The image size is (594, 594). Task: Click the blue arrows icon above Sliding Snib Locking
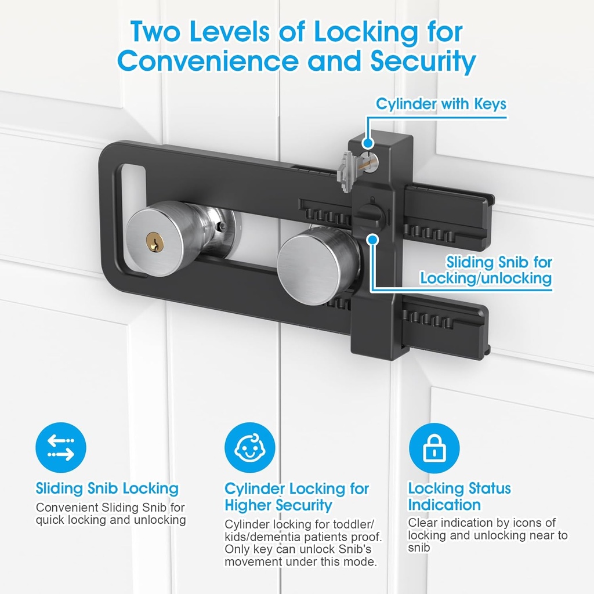coord(60,448)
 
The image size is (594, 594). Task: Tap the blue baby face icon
coord(249,448)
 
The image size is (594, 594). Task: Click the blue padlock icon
coord(433,448)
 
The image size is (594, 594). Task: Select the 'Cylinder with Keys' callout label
coord(441,104)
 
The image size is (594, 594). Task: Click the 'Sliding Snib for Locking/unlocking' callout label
coord(486,270)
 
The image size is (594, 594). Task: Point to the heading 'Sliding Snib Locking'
coord(107,488)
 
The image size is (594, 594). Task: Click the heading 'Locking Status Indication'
coord(459,497)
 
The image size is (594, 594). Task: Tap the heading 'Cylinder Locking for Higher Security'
coord(296,497)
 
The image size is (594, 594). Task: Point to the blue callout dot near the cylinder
coord(367,143)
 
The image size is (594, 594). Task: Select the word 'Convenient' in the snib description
coord(67,508)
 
